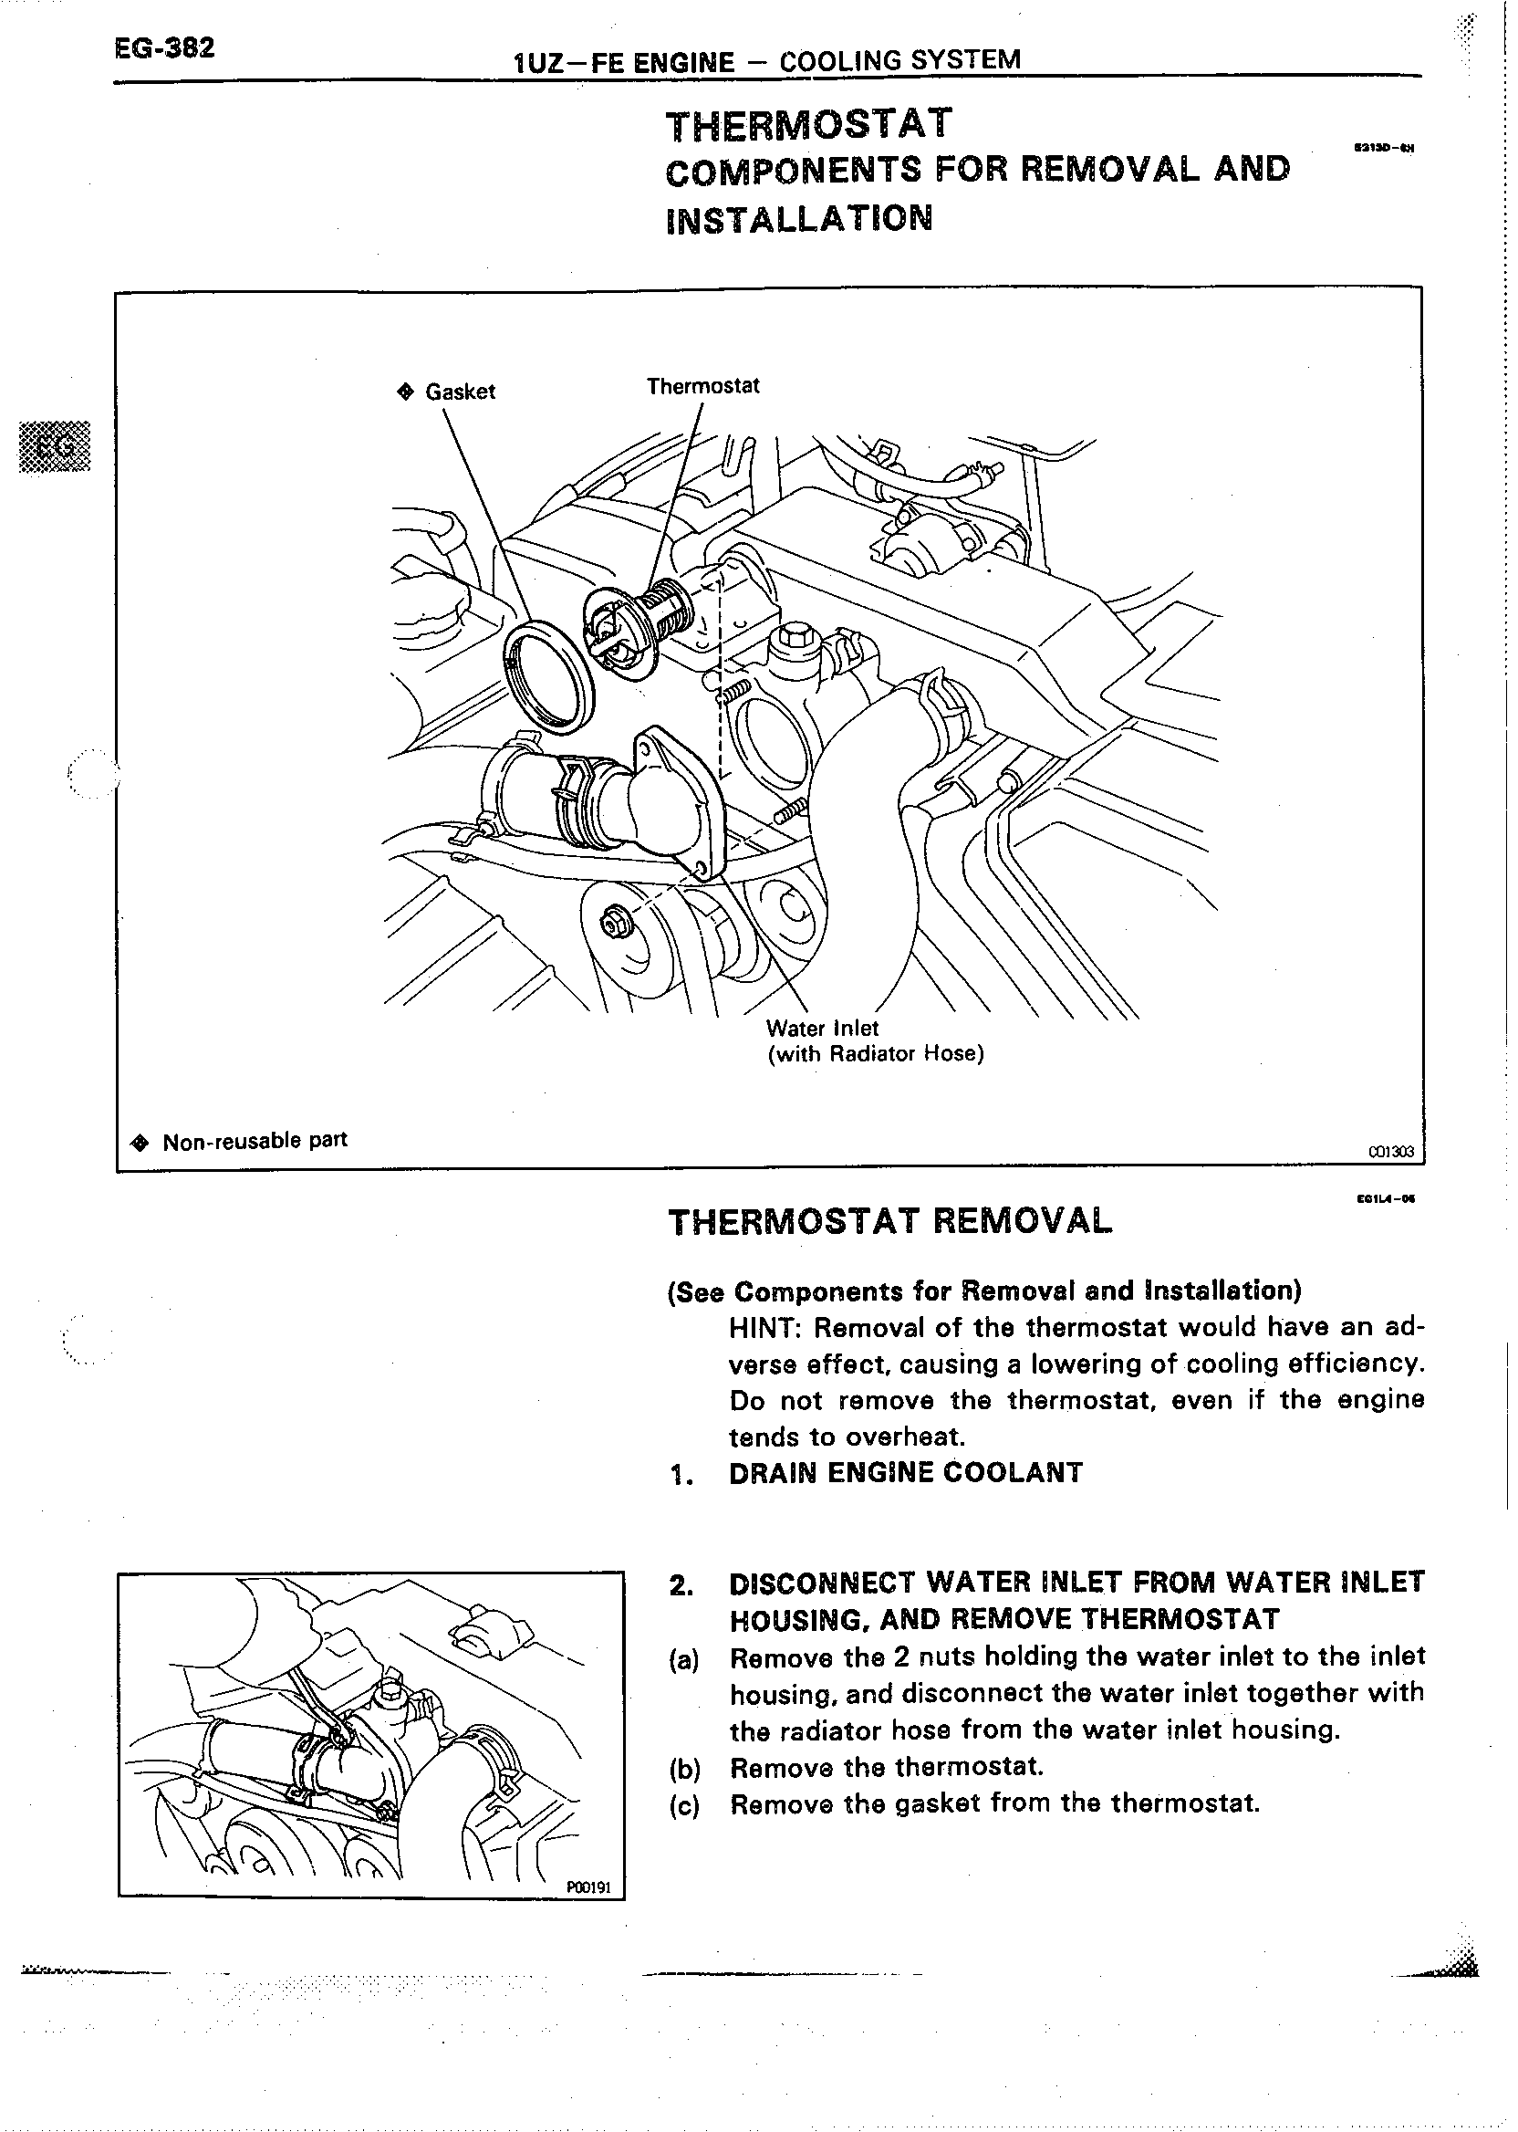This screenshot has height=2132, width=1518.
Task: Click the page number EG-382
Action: (163, 48)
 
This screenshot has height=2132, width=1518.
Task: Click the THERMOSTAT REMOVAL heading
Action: (889, 1221)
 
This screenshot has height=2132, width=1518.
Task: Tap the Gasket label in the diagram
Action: (459, 392)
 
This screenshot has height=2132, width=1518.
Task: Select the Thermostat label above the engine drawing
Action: (703, 386)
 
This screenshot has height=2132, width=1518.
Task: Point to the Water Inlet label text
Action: (822, 1029)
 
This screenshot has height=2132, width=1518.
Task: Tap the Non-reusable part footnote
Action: (254, 1141)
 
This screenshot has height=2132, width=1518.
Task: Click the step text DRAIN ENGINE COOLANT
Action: (905, 1473)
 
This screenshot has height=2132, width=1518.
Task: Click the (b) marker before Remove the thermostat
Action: (684, 1768)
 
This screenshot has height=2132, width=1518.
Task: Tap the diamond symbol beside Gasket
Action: (405, 392)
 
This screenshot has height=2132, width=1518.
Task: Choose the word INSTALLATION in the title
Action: (799, 218)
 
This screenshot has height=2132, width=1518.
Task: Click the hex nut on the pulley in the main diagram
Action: (615, 923)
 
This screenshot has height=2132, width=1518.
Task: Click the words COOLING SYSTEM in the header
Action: (899, 61)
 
